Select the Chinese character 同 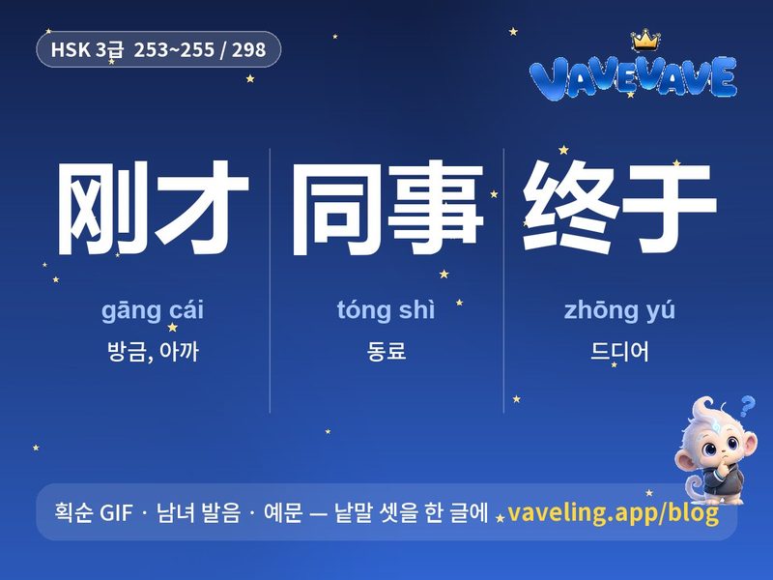(336, 209)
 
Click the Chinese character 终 (570, 207)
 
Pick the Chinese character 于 (669, 208)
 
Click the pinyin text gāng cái (153, 310)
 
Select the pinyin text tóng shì (386, 309)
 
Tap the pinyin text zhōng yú (619, 309)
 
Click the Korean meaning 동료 (386, 351)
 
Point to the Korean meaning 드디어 (619, 351)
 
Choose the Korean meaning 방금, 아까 (153, 352)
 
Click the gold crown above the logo (645, 40)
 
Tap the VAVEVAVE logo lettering (633, 77)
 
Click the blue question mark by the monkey (747, 406)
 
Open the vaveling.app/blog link (613, 512)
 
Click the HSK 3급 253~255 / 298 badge (158, 49)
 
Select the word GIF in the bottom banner (116, 512)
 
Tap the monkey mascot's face (721, 444)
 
